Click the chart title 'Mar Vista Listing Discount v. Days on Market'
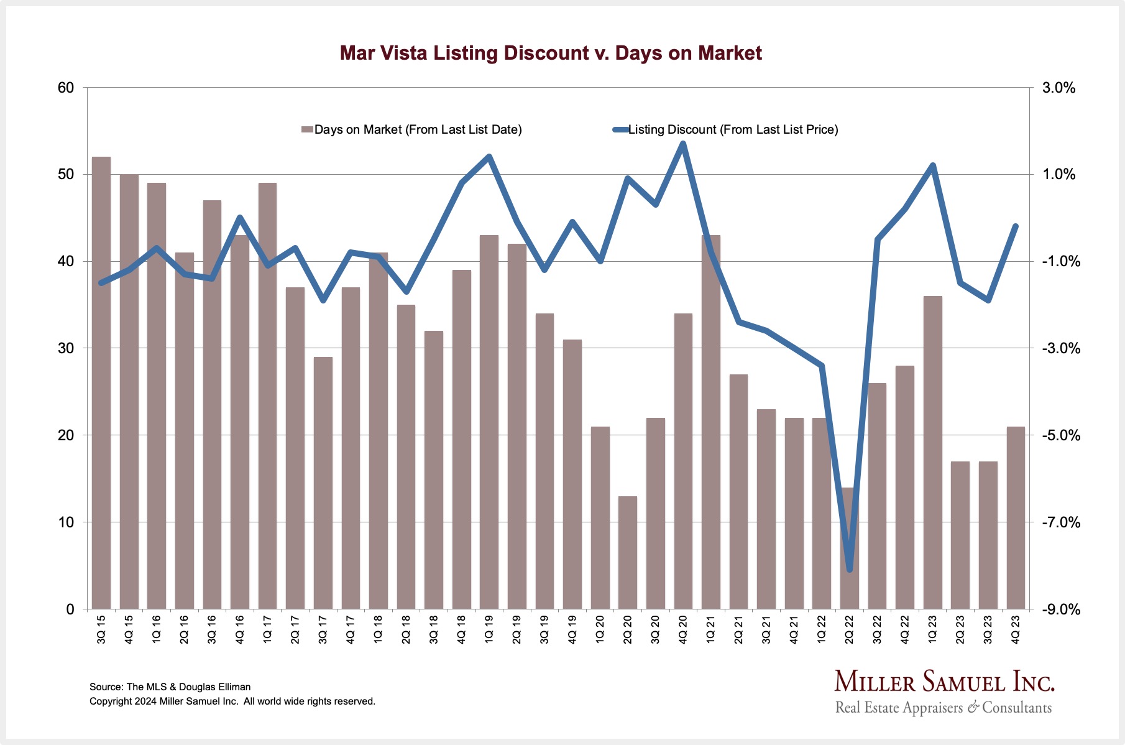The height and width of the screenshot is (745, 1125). coord(551,53)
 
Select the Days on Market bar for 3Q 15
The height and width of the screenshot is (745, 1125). coord(101,382)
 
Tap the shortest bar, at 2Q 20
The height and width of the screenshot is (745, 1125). coord(628,552)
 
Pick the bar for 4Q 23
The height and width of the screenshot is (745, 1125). coord(1016,517)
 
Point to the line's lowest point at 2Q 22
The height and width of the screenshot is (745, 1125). coord(849,570)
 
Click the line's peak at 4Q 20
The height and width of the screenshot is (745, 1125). coord(683,144)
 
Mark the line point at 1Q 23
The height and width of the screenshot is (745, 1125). coord(932,165)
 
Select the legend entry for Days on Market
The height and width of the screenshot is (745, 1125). coord(411,129)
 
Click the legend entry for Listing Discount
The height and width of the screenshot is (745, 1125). coord(726,129)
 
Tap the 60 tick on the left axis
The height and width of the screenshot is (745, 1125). coord(66,88)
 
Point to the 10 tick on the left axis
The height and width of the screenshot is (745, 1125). coord(66,522)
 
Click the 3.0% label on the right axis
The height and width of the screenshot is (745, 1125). coord(1058,88)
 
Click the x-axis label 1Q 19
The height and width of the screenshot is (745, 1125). coord(489,629)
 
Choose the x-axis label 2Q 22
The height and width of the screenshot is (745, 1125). coord(849,629)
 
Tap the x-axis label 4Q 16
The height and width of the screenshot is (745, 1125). coord(240,629)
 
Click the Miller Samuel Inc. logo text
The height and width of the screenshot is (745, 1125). coord(944,682)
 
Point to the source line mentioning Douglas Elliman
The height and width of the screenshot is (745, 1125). coord(170,687)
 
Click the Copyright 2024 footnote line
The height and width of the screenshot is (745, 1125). coord(232,701)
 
